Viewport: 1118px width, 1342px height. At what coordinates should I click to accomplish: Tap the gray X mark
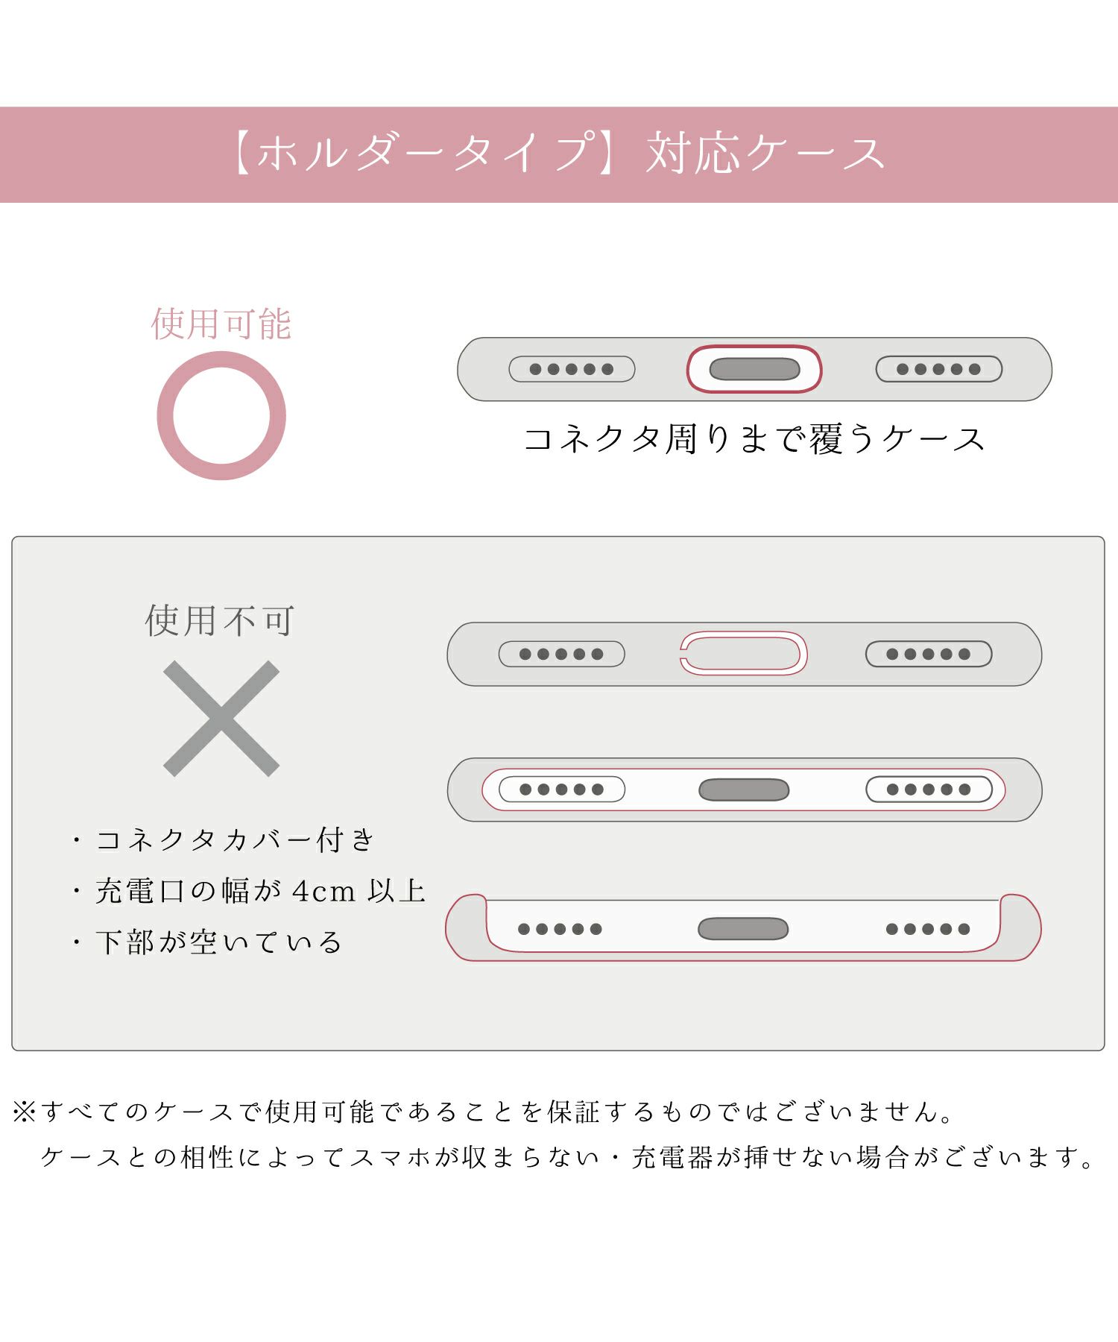click(x=221, y=719)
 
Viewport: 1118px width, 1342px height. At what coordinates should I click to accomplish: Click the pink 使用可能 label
click(x=221, y=324)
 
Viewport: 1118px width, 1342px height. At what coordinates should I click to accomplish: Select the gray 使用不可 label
click(x=221, y=621)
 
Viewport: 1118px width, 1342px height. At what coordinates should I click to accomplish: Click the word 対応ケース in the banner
click(x=765, y=154)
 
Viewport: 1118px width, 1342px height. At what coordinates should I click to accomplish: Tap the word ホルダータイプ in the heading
click(x=427, y=154)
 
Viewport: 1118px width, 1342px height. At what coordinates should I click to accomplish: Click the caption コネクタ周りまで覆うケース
click(x=754, y=439)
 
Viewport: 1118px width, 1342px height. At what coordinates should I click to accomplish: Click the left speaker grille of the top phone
click(x=572, y=369)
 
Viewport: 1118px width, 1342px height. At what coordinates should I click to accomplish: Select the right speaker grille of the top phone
click(x=938, y=369)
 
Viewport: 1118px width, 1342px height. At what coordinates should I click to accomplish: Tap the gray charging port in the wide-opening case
click(x=744, y=790)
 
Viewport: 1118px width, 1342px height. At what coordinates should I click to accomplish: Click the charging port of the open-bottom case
click(x=743, y=929)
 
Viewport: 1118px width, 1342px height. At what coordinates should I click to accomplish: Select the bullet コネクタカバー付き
click(x=224, y=840)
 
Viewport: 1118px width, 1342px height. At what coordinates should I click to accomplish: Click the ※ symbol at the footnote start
click(x=25, y=1112)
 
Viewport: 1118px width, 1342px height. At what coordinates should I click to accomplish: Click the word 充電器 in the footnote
click(x=673, y=1158)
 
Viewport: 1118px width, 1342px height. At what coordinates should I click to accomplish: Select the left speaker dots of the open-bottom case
click(x=560, y=929)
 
